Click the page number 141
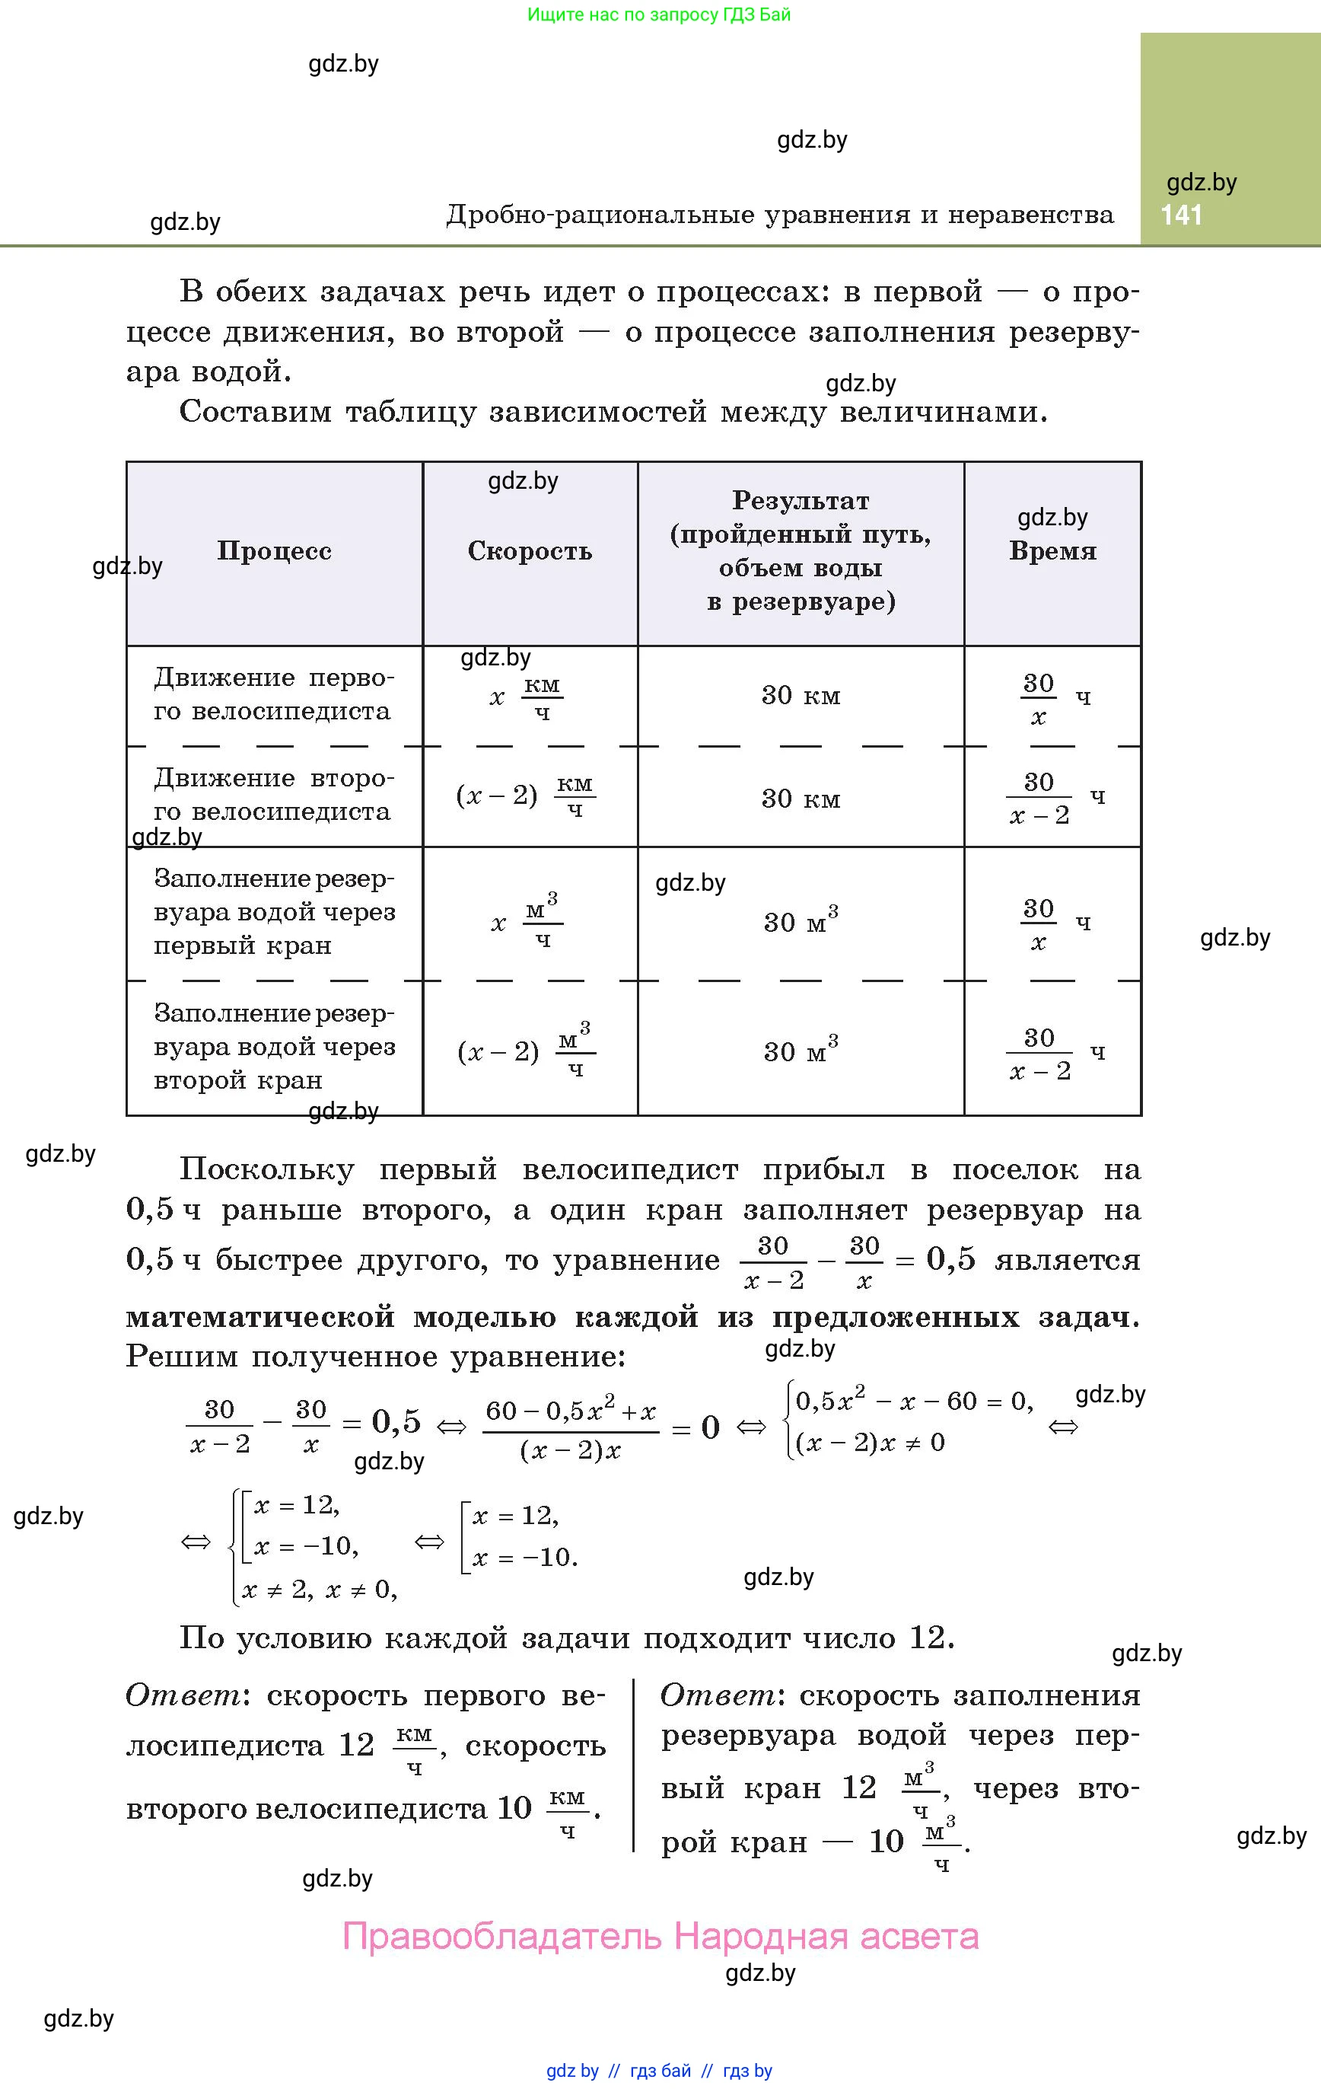(1181, 215)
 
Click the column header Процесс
(274, 552)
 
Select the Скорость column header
(530, 552)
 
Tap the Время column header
(1052, 552)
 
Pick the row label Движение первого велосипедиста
(273, 694)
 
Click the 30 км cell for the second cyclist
(801, 798)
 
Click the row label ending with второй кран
(273, 1047)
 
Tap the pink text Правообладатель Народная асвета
(660, 1936)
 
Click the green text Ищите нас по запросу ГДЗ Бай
(659, 14)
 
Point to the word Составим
(255, 411)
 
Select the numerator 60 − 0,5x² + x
(570, 1411)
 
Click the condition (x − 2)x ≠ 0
(869, 1443)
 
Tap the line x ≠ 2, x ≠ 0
(318, 1590)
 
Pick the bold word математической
(260, 1317)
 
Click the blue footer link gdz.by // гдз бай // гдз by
(659, 2071)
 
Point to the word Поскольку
(266, 1170)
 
